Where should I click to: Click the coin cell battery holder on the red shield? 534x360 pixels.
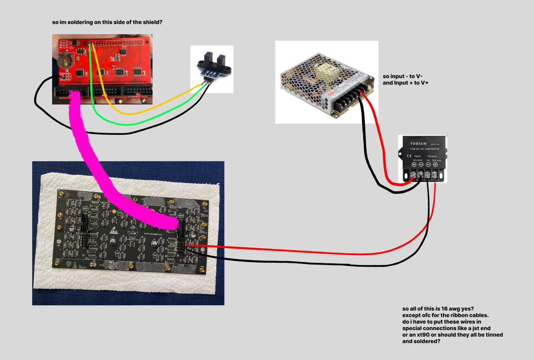coord(65,60)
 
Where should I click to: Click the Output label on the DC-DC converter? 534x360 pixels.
coord(432,156)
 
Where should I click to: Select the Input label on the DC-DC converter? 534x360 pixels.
coord(417,156)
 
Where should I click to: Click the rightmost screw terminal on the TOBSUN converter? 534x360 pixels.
coord(435,175)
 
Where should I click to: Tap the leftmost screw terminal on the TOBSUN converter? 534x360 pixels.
coord(414,175)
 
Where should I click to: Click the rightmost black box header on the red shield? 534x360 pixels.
coord(138,91)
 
